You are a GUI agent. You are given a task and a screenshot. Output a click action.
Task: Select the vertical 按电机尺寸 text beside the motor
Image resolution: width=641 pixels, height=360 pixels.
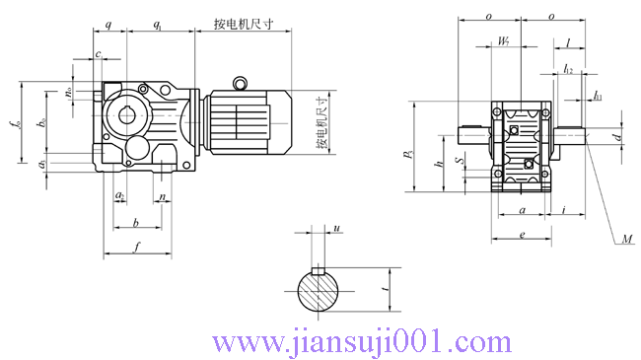click(321, 122)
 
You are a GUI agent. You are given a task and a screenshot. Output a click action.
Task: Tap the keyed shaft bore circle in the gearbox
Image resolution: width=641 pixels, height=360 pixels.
click(126, 112)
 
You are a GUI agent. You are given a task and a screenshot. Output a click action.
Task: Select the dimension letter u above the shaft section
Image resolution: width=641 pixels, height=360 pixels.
click(337, 229)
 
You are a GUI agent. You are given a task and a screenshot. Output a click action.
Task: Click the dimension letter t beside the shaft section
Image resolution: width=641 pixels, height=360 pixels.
click(383, 292)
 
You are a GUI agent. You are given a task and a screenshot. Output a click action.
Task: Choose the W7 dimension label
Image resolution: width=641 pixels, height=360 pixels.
click(504, 42)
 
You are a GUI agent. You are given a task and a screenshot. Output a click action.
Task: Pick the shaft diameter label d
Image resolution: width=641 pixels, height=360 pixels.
click(617, 137)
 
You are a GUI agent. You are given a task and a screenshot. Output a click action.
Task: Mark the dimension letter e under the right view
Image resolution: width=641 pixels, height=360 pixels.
click(521, 234)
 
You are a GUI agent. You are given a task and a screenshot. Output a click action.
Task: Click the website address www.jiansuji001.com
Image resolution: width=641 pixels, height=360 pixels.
click(363, 342)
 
